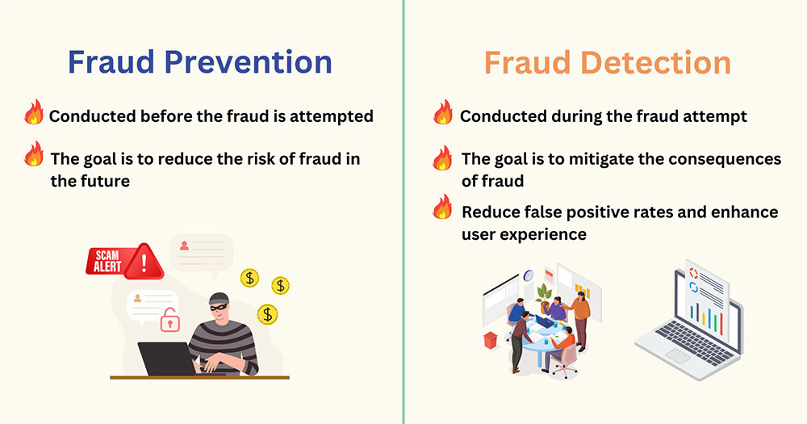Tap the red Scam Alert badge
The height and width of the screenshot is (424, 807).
click(108, 261)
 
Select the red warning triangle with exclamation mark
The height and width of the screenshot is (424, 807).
click(144, 262)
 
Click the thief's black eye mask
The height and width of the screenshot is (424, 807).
click(219, 306)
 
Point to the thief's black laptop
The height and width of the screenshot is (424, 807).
click(167, 359)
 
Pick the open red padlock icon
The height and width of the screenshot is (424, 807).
click(169, 320)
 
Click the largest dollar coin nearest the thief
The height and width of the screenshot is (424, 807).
click(267, 314)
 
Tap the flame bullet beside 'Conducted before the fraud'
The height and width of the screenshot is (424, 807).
click(34, 111)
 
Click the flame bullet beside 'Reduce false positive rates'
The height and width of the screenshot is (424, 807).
click(442, 207)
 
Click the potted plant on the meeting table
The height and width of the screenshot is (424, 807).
click(543, 298)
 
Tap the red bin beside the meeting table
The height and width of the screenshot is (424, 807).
click(491, 340)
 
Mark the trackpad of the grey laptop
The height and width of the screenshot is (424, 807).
click(677, 356)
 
